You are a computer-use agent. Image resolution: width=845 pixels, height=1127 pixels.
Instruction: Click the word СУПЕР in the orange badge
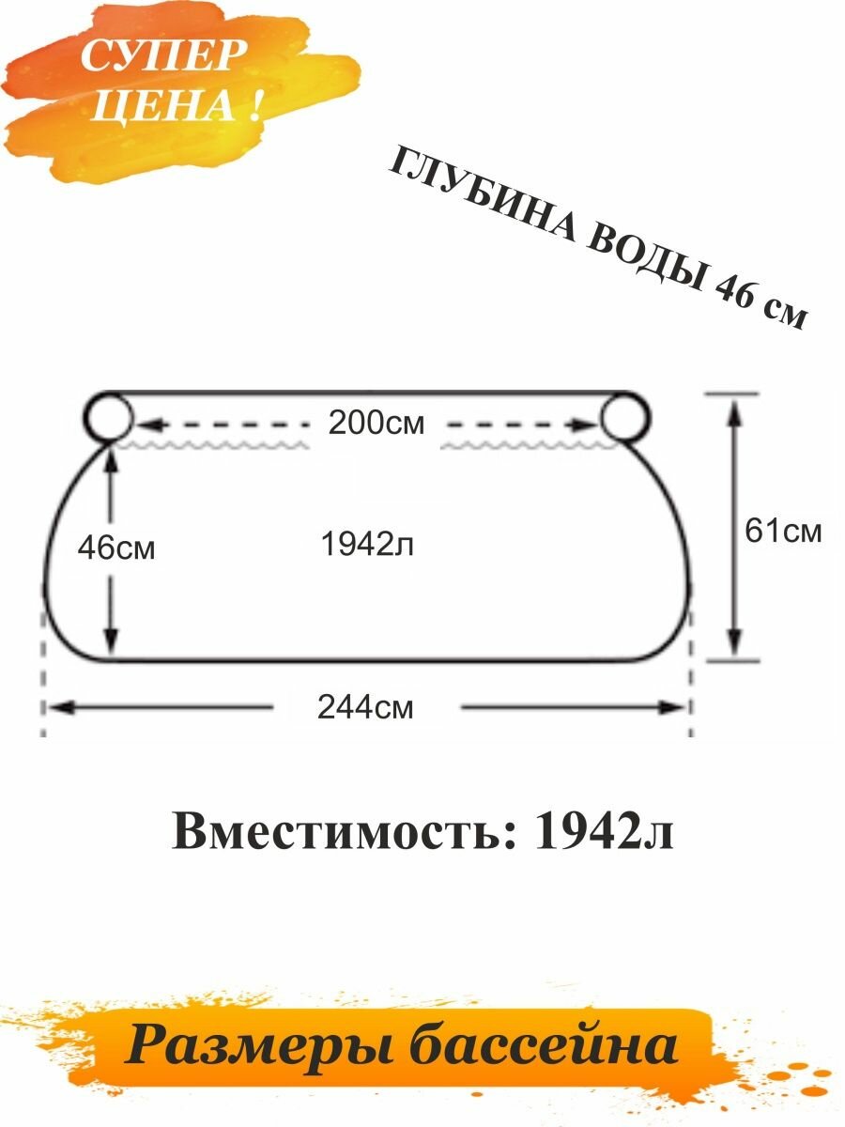[159, 58]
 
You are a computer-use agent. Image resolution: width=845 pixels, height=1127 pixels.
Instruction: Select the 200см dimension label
[376, 424]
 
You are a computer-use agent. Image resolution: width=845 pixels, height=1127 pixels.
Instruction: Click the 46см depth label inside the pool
[116, 548]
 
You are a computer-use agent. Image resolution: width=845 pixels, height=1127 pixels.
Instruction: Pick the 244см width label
[365, 707]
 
